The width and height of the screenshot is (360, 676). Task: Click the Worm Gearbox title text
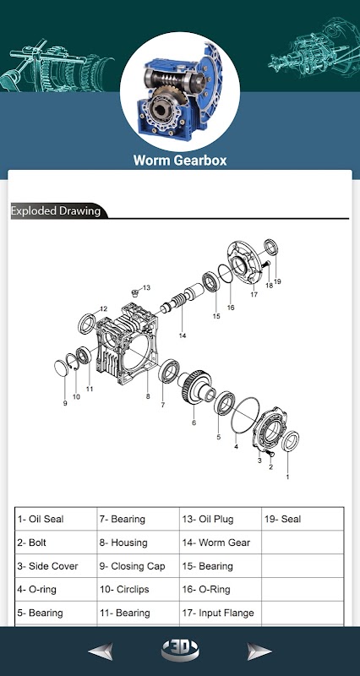click(180, 161)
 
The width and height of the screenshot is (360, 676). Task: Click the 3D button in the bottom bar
click(180, 650)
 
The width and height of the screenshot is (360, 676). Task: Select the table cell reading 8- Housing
click(138, 542)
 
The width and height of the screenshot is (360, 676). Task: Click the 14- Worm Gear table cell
click(221, 542)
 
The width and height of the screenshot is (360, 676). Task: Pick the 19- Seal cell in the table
click(303, 519)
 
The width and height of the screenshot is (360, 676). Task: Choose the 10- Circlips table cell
click(138, 589)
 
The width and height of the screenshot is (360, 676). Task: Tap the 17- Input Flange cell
click(221, 613)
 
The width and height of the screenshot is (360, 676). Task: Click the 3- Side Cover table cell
click(56, 566)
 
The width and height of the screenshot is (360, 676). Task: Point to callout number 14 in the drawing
click(183, 335)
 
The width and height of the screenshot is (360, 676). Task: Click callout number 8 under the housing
click(148, 396)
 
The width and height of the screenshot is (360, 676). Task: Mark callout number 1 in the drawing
click(287, 477)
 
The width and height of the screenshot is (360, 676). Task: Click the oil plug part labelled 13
click(135, 293)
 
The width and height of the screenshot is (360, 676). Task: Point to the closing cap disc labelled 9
click(62, 368)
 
